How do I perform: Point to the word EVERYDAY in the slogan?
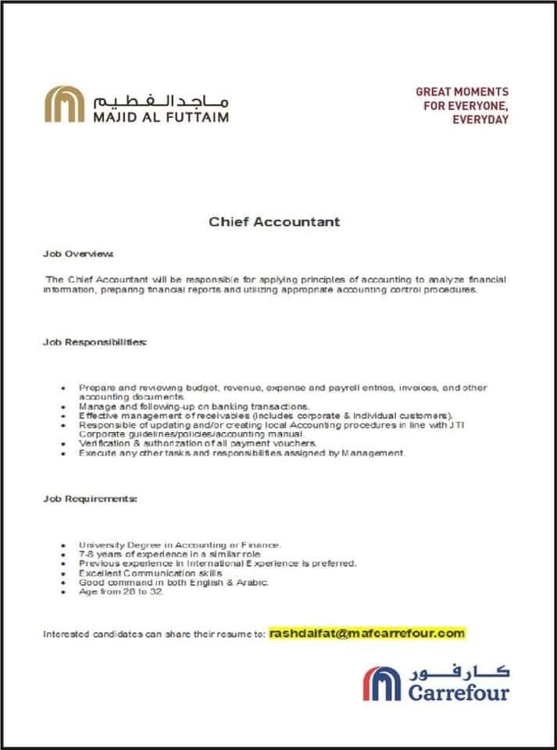point(480,120)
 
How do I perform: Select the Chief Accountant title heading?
point(274,221)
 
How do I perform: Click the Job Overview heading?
point(78,254)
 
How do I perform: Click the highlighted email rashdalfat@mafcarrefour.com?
point(366,633)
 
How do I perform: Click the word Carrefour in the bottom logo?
point(457,691)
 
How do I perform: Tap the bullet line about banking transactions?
point(195,406)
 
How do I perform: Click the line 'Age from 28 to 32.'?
point(121,591)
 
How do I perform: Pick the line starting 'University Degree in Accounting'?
point(180,544)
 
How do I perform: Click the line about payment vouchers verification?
point(187,443)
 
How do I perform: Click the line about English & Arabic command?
point(173,582)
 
